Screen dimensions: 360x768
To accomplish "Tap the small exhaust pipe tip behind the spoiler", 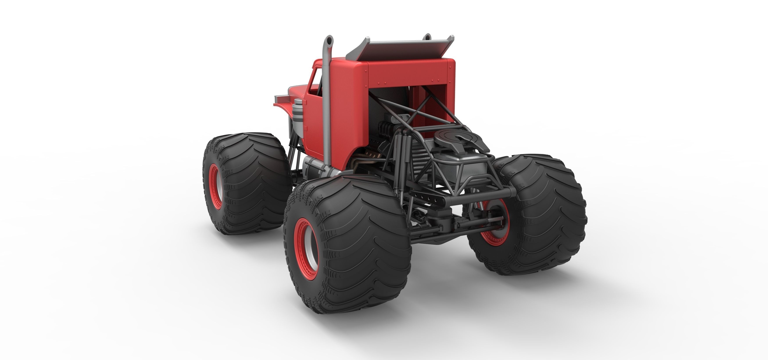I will (x=428, y=37).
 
